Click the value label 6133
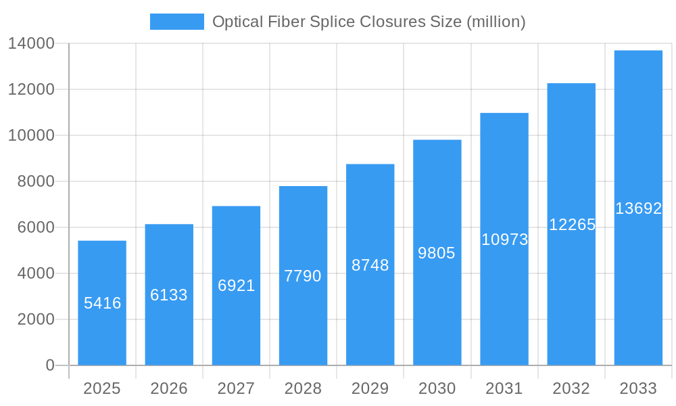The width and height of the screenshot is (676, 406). click(169, 295)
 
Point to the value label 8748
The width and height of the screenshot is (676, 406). click(370, 265)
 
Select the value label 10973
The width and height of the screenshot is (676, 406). click(504, 240)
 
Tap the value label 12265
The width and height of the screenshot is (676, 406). click(571, 225)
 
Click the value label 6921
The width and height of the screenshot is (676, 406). click(236, 286)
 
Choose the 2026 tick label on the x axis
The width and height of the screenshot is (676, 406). click(169, 388)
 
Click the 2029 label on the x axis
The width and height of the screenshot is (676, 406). click(370, 388)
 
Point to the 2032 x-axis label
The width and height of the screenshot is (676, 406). click(571, 388)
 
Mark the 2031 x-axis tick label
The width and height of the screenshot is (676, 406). click(504, 388)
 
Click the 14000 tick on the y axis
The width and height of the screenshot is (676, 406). click(32, 44)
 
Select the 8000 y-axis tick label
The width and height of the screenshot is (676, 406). click(36, 181)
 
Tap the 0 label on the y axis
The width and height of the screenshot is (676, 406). click(50, 365)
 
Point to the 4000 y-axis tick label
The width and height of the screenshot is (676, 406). click(36, 273)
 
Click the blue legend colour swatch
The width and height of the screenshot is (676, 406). click(176, 22)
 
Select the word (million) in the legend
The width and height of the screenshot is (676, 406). click(496, 22)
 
